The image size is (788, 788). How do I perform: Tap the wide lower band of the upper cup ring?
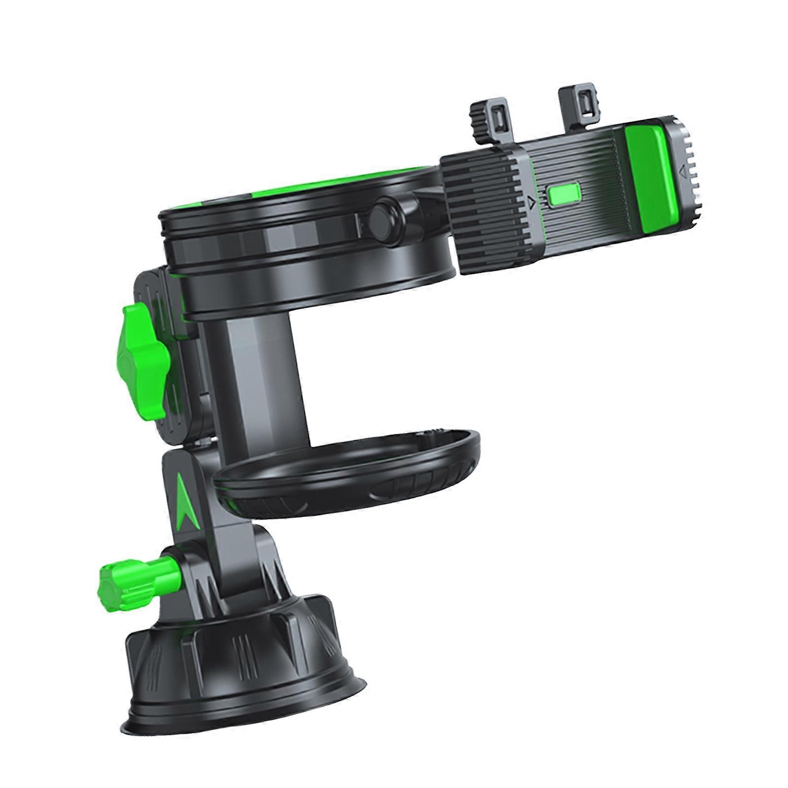point(315,291)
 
